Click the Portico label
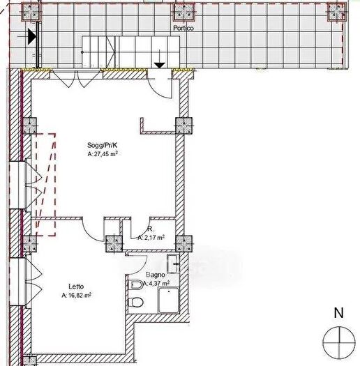click(x=183, y=28)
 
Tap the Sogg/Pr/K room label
click(x=102, y=145)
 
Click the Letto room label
click(x=76, y=287)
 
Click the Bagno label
click(x=156, y=275)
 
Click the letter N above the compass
click(x=339, y=313)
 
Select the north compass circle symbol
click(x=339, y=343)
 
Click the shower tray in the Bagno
click(x=168, y=300)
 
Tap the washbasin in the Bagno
click(x=173, y=264)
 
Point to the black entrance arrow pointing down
click(x=160, y=66)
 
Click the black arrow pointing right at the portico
click(x=32, y=36)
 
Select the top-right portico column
click(x=337, y=12)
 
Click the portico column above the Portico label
click(x=184, y=12)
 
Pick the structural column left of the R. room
click(x=114, y=244)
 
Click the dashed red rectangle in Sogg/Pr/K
click(x=46, y=185)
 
